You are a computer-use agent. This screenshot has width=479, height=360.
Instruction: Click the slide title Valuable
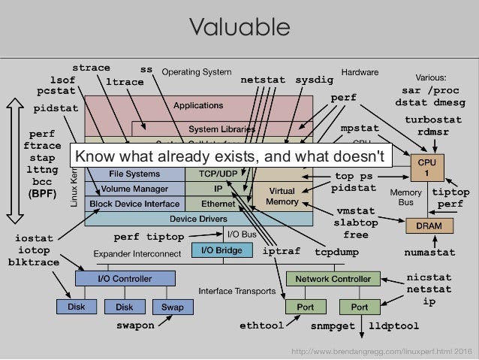tap(239, 28)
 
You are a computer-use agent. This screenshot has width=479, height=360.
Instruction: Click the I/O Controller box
tap(125, 279)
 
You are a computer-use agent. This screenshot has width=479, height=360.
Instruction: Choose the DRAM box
tap(424, 225)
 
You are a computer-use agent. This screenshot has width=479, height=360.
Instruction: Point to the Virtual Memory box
tap(282, 196)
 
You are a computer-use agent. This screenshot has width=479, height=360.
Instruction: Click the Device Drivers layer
tap(199, 219)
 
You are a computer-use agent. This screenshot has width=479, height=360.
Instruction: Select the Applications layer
tap(198, 106)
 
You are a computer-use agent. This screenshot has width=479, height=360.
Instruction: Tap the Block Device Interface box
tap(135, 204)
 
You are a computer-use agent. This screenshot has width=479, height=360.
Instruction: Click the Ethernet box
tap(218, 204)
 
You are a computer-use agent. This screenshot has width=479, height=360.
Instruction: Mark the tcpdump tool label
tap(336, 251)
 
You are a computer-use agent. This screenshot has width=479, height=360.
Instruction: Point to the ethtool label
tap(261, 326)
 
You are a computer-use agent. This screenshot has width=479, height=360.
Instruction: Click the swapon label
tap(135, 326)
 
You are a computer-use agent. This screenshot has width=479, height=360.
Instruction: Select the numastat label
tap(429, 252)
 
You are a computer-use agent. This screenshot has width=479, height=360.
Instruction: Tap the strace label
tap(91, 68)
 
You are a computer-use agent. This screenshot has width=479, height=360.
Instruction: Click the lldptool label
tap(394, 326)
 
